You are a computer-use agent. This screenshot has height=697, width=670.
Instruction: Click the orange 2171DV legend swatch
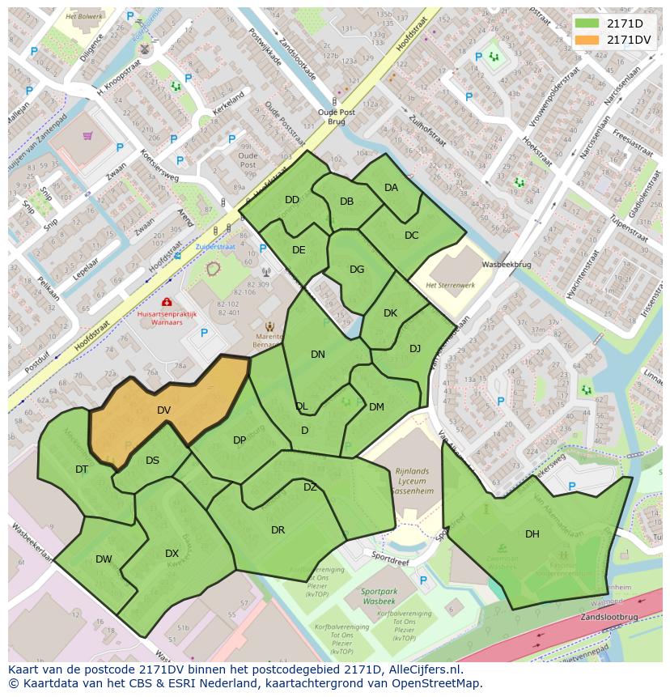[587, 40]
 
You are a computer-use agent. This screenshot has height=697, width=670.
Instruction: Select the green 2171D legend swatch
[587, 23]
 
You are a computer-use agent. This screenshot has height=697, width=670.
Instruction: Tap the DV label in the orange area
[163, 410]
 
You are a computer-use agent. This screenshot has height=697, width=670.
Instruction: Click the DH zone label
[532, 533]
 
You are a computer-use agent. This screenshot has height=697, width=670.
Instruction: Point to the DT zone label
[82, 469]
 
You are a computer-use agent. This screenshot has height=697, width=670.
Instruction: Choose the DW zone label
[104, 559]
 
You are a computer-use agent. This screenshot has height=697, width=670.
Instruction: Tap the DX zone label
[172, 554]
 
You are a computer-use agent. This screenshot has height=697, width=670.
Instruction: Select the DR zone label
[278, 530]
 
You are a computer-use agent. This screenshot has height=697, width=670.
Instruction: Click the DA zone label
[391, 187]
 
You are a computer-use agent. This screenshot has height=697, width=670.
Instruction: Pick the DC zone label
[411, 236]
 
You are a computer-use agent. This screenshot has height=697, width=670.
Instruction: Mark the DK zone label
[390, 312]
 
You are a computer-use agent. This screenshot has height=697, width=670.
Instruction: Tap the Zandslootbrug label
[609, 616]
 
